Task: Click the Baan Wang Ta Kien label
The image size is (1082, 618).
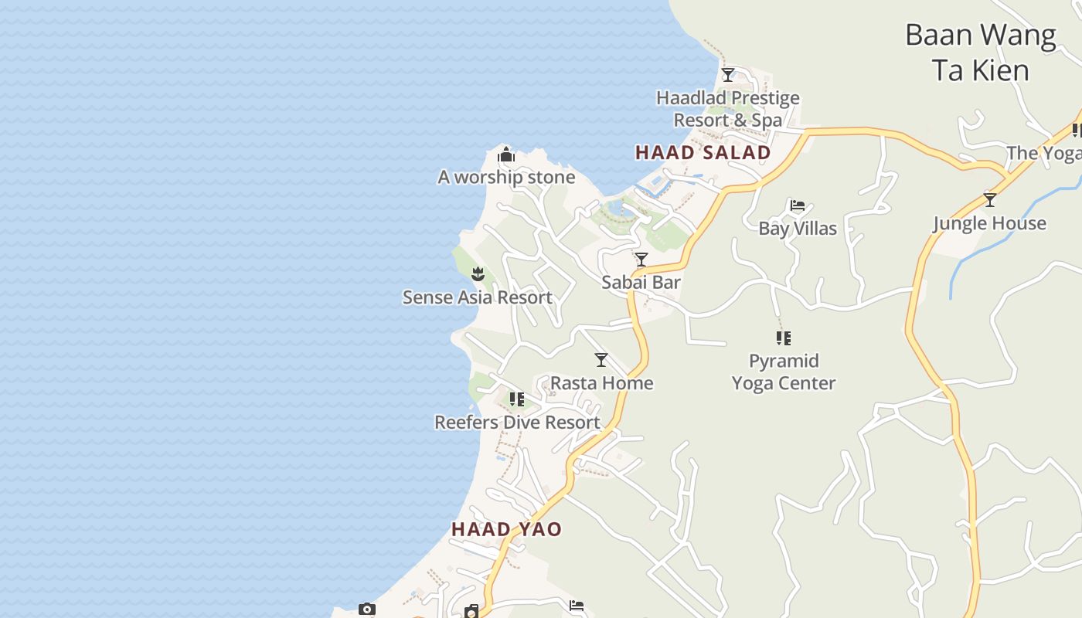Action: pos(980,53)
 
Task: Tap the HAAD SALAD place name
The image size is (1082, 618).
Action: pos(703,153)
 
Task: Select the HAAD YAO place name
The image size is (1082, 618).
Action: pos(506,530)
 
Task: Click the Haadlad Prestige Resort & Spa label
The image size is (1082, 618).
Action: pos(727,109)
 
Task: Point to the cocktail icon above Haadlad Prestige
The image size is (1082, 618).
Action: pos(727,75)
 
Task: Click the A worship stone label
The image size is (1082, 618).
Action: pos(506,178)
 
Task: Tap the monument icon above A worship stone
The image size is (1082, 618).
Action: pos(506,155)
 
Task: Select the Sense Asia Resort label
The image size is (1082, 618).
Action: pos(477,297)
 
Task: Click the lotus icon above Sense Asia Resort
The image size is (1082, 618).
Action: pos(478,273)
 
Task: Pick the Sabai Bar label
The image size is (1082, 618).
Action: pos(641,283)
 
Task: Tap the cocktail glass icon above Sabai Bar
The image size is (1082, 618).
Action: pos(641,260)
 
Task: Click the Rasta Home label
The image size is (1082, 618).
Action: pos(601,383)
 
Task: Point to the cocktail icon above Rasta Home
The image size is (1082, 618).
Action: pos(601,360)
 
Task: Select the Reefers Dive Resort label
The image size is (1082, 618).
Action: pos(517,423)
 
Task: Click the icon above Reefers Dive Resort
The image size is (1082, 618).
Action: pos(517,399)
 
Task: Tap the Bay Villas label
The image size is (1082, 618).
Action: pos(798,229)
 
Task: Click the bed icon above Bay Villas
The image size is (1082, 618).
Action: pos(798,205)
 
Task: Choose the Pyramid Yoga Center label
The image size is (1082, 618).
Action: pos(784,372)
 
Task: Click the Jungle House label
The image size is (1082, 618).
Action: pos(989,224)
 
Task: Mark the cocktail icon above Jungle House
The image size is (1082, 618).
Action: pos(989,200)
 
